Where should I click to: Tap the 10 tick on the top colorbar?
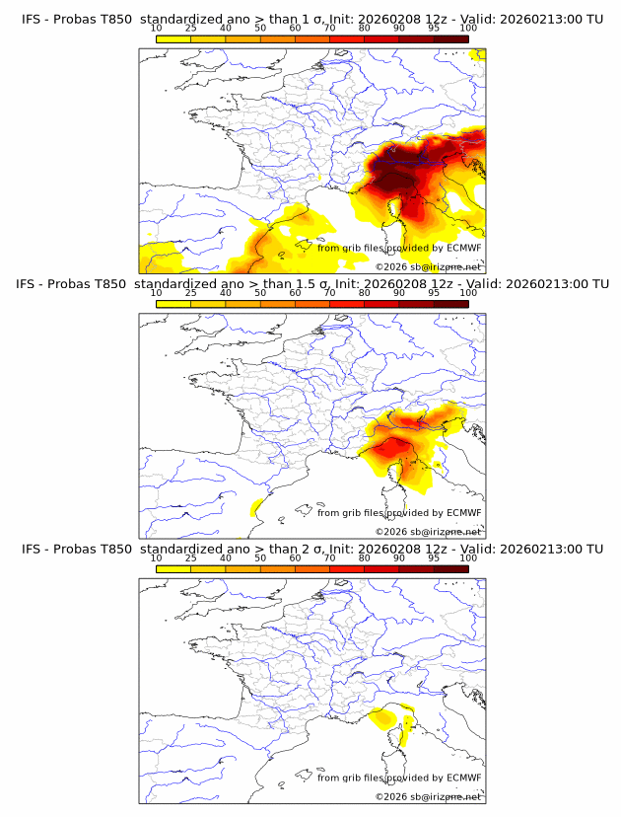[157, 28]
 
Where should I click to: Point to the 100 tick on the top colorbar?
[468, 28]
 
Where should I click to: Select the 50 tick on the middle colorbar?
[260, 293]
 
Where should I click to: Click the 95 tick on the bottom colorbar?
[434, 558]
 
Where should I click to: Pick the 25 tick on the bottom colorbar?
[191, 558]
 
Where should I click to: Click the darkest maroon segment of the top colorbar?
[450, 38]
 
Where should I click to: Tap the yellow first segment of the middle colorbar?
[173, 304]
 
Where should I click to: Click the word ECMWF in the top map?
[464, 248]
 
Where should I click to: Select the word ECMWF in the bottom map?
[464, 778]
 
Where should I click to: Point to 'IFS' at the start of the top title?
[31, 18]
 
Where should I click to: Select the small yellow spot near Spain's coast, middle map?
[256, 507]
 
